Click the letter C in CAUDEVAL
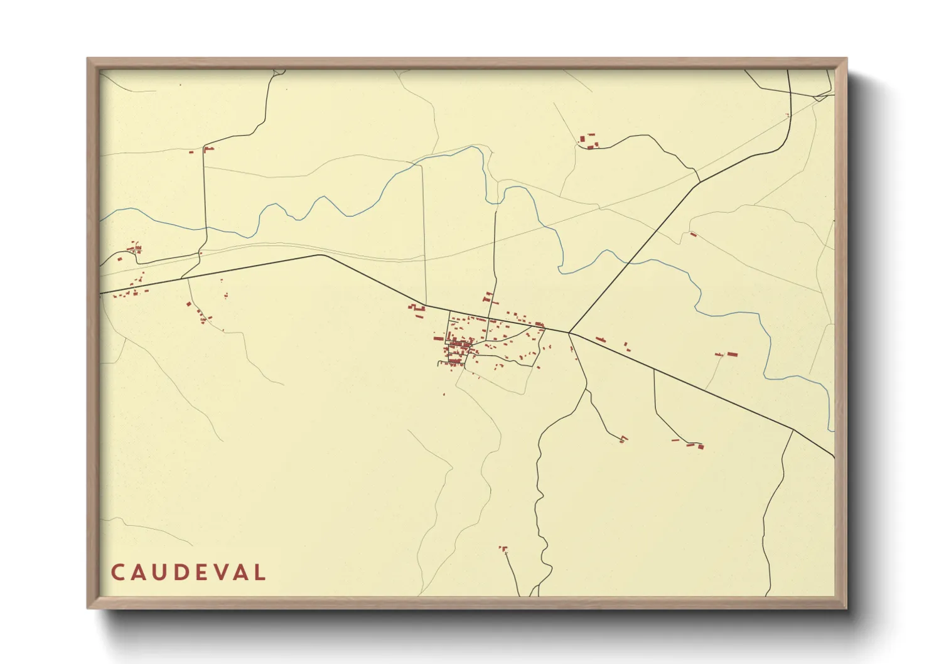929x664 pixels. click(x=117, y=572)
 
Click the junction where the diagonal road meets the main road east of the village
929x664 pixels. click(x=569, y=332)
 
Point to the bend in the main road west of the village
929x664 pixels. click(x=321, y=255)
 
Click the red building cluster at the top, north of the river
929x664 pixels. click(x=588, y=141)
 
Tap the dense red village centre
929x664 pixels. click(x=459, y=346)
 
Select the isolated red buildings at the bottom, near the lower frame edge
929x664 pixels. click(x=503, y=550)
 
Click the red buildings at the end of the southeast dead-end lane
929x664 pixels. click(x=695, y=446)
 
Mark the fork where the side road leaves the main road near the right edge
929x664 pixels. click(x=793, y=430)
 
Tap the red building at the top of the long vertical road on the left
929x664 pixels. click(x=208, y=149)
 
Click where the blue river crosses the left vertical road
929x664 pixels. click(x=205, y=229)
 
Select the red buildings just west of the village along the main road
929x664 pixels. click(x=416, y=308)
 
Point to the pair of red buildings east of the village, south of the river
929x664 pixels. click(x=727, y=355)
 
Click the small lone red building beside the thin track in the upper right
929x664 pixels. click(x=693, y=235)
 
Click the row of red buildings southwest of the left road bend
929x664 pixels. click(x=200, y=314)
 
